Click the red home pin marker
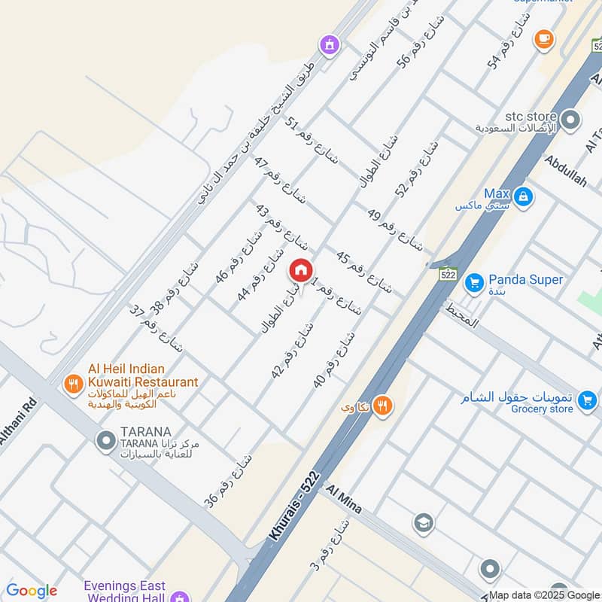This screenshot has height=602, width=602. tap(300, 269)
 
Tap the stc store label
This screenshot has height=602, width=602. tap(531, 117)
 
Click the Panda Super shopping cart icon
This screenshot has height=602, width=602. tap(473, 282)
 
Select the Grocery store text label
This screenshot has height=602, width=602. tap(543, 409)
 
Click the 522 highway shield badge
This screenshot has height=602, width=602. tap(448, 275)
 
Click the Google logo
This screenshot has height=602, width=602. tap(31, 591)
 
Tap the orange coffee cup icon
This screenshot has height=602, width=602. tap(543, 39)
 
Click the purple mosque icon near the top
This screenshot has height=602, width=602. tap(328, 45)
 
